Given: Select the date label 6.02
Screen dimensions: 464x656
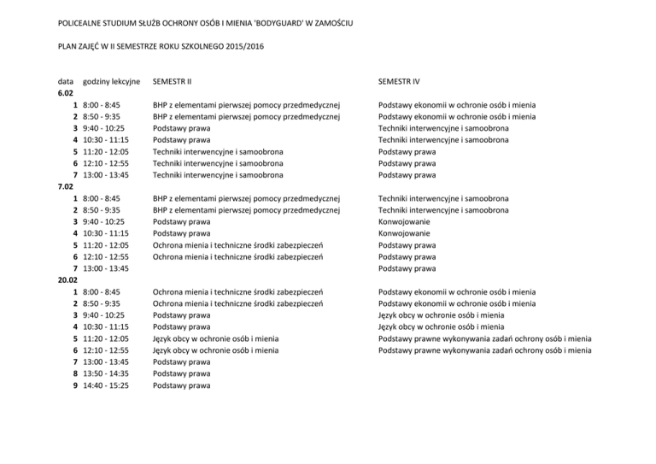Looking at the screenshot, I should point(66,92).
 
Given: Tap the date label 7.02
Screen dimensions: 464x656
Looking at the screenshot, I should point(66,186).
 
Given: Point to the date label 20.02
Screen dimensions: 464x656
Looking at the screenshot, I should point(68,279).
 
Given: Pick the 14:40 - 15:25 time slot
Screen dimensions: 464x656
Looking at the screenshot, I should point(107,385).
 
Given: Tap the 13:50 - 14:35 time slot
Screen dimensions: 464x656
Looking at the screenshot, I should point(107,373).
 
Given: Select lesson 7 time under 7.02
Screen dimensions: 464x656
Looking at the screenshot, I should point(107,268).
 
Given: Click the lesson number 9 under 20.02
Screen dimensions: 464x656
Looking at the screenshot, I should point(76,385).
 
